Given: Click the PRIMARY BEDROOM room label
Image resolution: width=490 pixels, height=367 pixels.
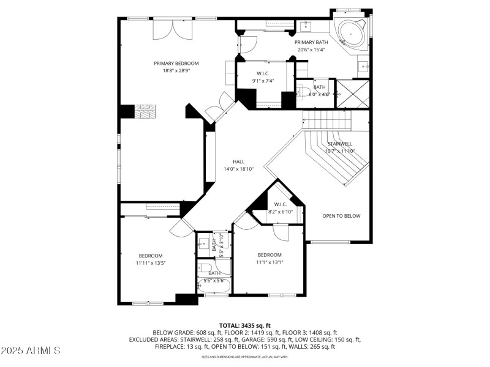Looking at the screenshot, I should click(176, 63).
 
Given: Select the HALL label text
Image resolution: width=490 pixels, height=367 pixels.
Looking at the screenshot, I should click(238, 161).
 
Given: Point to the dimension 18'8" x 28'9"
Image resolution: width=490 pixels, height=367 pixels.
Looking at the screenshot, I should click(176, 70).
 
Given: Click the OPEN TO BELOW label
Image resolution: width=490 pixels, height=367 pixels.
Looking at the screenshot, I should click(341, 216).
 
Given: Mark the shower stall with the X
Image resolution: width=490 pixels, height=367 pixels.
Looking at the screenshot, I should click(353, 94).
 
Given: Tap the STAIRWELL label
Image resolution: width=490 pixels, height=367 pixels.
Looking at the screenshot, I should click(339, 143).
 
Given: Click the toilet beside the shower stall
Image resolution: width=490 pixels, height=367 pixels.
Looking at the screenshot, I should click(307, 94).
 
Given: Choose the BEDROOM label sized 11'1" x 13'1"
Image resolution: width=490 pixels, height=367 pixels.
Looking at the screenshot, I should click(269, 254).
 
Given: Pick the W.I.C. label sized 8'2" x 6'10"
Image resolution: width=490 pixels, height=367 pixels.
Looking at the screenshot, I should click(281, 204).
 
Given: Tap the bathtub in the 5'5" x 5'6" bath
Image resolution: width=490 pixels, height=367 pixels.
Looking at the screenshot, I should click(214, 283).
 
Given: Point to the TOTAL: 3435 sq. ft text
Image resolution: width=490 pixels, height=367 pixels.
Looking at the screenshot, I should click(244, 325).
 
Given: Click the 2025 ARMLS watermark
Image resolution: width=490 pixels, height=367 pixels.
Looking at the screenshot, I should click(31, 350).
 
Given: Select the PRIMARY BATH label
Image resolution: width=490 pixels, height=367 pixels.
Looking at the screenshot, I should click(312, 42).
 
